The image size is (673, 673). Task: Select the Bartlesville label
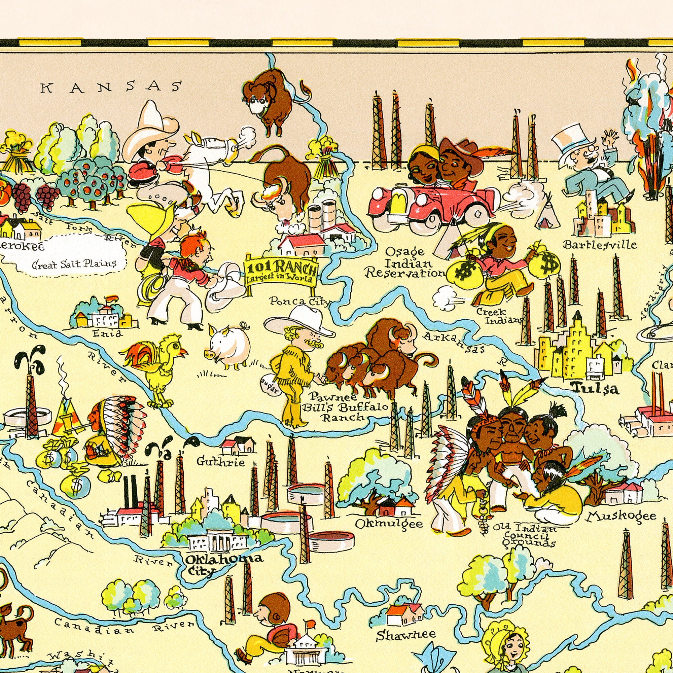click(600, 245)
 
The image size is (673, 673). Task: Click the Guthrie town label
click(220, 462)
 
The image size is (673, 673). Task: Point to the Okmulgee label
click(389, 524)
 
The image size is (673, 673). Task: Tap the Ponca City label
click(299, 301)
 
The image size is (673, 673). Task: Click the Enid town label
click(107, 333)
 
